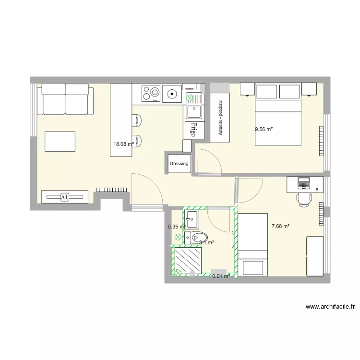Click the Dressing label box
click(179, 164)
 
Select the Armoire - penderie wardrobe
click(220, 118)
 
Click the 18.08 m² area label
click(123, 143)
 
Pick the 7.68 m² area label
click(280, 226)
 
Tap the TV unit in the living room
click(64, 196)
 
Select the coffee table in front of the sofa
click(60, 142)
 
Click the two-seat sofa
click(66, 99)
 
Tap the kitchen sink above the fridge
click(194, 112)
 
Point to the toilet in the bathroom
click(198, 237)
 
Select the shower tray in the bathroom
click(189, 261)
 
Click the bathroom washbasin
click(192, 219)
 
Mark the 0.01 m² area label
click(221, 276)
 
